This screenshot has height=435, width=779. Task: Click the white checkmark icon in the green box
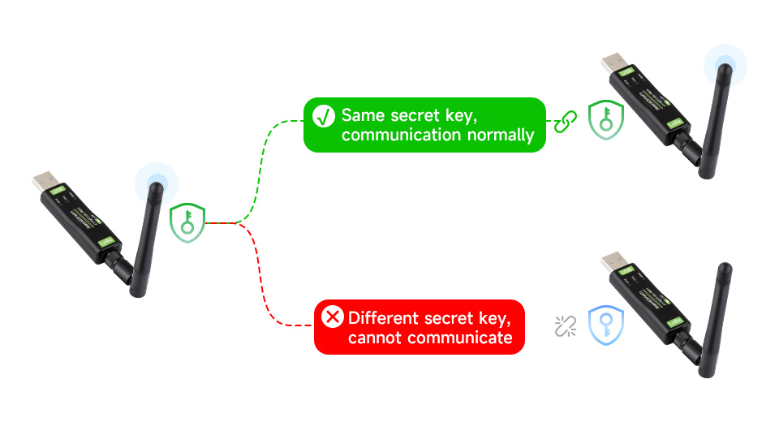pyautogui.click(x=324, y=116)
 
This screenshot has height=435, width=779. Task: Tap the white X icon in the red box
pyautogui.click(x=333, y=317)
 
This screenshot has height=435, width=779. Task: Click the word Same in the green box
pyautogui.click(x=364, y=115)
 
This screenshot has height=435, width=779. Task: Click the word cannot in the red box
pyautogui.click(x=376, y=337)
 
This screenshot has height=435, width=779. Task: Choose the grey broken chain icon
pyautogui.click(x=565, y=325)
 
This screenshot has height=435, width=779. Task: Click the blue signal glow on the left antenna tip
pyautogui.click(x=155, y=182)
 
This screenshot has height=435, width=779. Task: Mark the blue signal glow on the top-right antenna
pyautogui.click(x=725, y=64)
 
